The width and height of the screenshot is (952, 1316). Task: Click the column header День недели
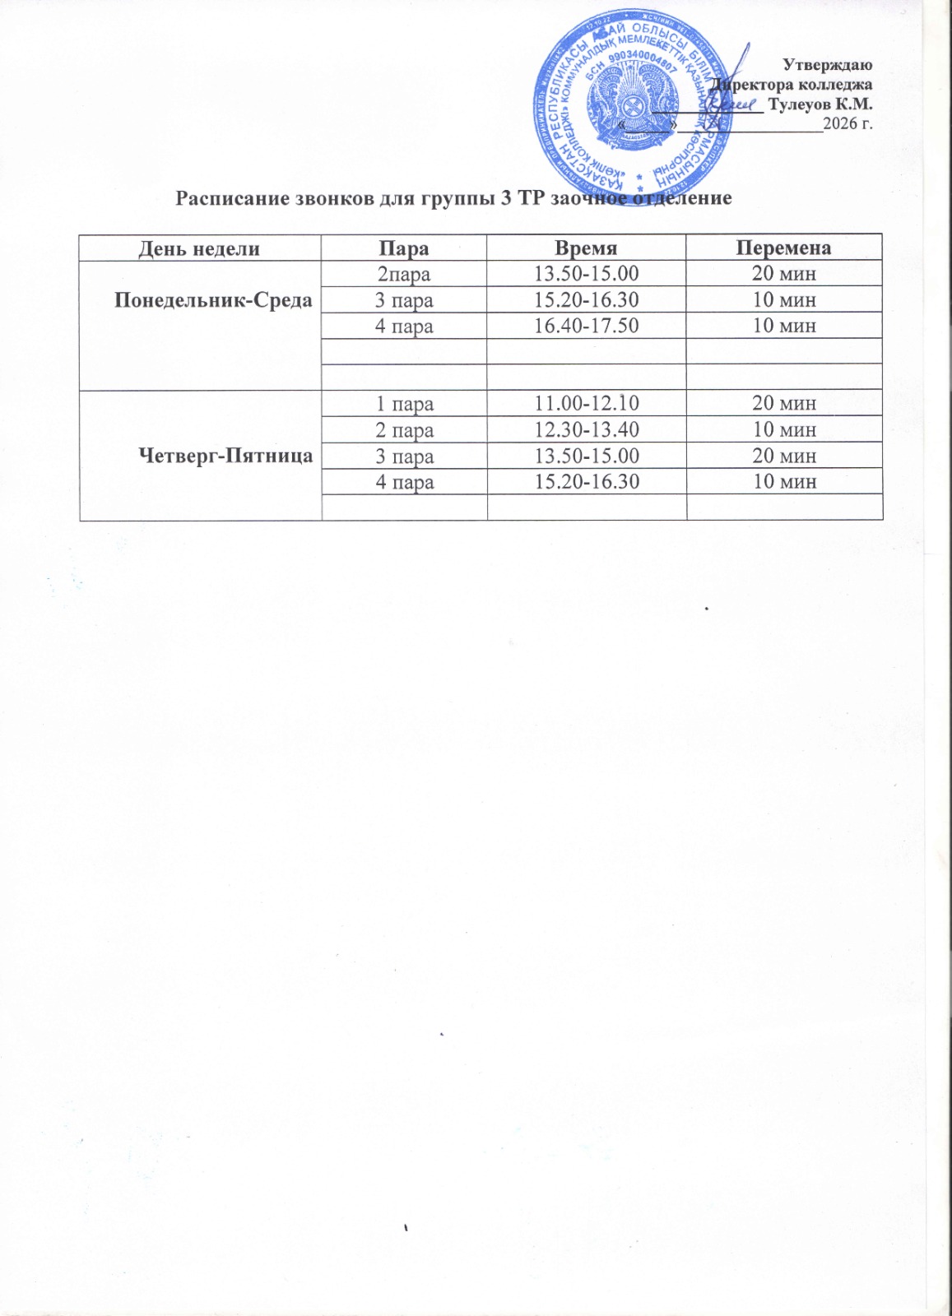[x=199, y=248]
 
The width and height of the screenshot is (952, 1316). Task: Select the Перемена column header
[x=783, y=248]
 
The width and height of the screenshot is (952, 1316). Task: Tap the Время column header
[x=586, y=248]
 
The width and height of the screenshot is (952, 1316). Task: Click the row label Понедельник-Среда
[x=213, y=299]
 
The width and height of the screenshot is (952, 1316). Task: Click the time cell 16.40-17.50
[x=587, y=327]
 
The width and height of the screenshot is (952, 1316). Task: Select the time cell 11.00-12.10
[x=587, y=404]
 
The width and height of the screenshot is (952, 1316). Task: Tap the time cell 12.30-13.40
[x=587, y=430]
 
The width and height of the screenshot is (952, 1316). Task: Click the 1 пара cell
[x=404, y=404]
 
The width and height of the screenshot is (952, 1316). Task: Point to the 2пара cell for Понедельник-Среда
[x=404, y=275]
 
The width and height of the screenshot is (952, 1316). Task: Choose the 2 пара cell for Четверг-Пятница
[x=404, y=430]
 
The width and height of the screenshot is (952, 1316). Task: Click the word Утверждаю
[x=827, y=64]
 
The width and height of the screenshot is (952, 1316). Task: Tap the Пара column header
[x=404, y=248]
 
